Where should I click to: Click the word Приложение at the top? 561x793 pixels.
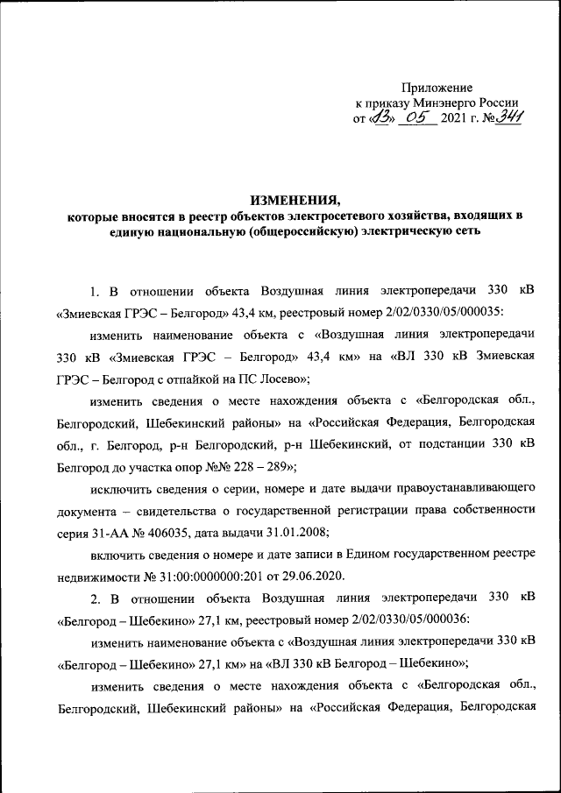coord(437,88)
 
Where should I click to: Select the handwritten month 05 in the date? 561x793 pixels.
coord(416,118)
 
